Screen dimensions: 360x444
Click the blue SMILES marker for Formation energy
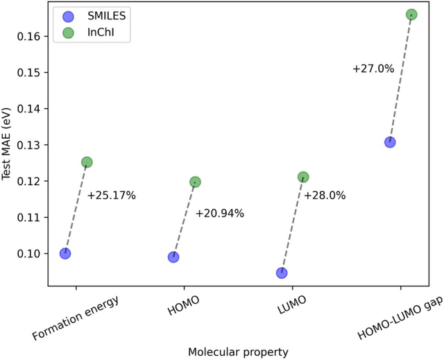65,253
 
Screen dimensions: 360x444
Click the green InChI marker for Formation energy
87,162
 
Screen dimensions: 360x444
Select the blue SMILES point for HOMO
173,257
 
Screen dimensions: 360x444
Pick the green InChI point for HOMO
195,182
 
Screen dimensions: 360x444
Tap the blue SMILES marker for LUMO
282,273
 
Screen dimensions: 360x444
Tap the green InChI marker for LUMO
303,178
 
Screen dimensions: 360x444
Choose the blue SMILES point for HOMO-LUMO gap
390,142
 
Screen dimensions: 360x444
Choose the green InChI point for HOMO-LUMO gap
411,15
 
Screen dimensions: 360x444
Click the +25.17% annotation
111,196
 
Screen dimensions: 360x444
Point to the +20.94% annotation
219,214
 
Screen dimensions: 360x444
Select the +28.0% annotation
325,196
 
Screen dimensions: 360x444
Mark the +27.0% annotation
373,69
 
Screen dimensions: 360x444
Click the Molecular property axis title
238,352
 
